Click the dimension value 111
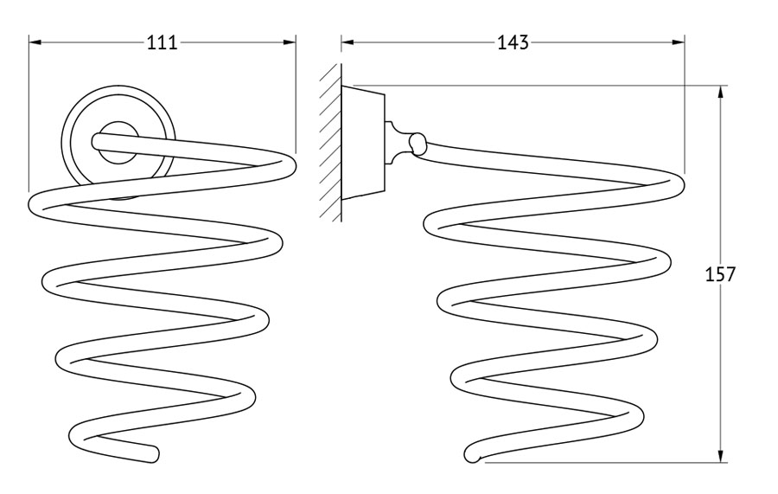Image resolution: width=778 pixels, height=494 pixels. [163, 42]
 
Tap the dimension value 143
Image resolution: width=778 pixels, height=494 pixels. [513, 42]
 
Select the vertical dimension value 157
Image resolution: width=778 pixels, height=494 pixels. [720, 274]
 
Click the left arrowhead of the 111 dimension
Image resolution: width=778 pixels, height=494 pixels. [35, 42]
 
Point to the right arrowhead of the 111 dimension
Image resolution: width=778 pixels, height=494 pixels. [290, 42]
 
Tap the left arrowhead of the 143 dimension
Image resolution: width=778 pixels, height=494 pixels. [348, 42]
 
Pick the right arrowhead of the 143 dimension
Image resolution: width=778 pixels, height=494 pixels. [679, 42]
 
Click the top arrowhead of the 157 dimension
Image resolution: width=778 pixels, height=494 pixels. [720, 92]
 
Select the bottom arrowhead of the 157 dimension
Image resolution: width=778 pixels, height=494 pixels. [720, 456]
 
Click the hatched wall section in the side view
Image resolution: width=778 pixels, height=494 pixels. [330, 143]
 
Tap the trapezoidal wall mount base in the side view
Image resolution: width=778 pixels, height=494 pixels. [363, 143]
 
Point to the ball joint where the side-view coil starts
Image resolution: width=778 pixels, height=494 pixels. [418, 144]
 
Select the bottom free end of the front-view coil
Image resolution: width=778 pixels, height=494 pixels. [153, 454]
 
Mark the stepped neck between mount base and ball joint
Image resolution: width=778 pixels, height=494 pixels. [395, 143]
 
